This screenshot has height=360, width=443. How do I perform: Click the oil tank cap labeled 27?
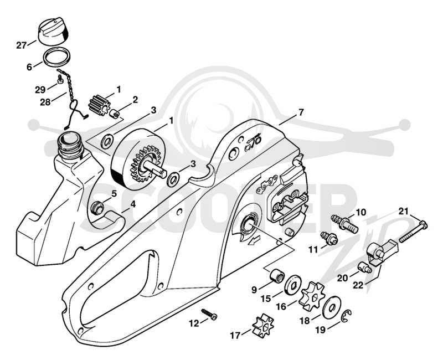coord(53,31)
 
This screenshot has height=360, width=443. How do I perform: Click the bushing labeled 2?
coord(115,114)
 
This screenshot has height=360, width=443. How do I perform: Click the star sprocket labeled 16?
coord(312,296)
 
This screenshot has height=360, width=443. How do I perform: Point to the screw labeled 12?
coord(209,314)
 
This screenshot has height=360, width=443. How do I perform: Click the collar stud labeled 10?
coord(344,223)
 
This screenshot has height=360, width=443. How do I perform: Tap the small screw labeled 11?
coord(329,238)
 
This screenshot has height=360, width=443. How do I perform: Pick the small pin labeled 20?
coord(364,267)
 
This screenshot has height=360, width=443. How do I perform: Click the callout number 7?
coord(300,112)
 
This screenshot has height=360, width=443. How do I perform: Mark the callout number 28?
coord(45,102)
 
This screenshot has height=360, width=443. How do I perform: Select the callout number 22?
coord(358,285)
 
